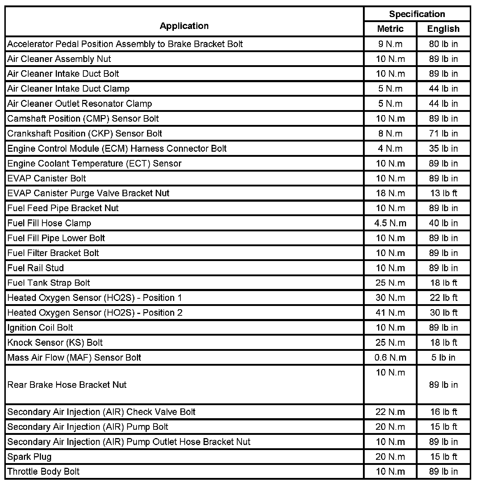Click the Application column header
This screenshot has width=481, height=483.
coord(184,26)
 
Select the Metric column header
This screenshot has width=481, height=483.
coord(390,29)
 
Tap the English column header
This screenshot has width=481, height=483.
coord(443,29)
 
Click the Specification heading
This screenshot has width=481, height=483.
coord(417,14)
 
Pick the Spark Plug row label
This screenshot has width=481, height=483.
coord(29,457)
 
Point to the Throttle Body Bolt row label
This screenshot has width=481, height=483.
coord(43,471)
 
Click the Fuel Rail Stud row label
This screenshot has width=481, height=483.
coord(35,268)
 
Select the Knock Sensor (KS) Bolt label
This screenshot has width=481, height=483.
coord(55,343)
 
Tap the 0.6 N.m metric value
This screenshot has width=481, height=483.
coord(390,357)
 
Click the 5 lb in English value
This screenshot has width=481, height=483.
coord(443,357)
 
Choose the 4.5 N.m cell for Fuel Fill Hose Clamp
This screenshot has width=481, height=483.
coord(390,223)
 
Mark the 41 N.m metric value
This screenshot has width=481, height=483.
coord(390,312)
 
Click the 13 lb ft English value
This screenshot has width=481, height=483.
coord(443,193)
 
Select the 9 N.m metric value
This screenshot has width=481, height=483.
coord(390,44)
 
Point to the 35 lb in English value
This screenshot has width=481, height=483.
coord(443,148)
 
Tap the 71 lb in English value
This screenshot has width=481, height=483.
coord(443,133)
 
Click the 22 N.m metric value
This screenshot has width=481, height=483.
coord(390,412)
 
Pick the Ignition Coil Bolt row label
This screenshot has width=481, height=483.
coord(40,328)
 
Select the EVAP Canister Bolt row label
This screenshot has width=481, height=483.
coord(47,178)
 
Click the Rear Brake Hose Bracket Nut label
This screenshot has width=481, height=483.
coord(67,385)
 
